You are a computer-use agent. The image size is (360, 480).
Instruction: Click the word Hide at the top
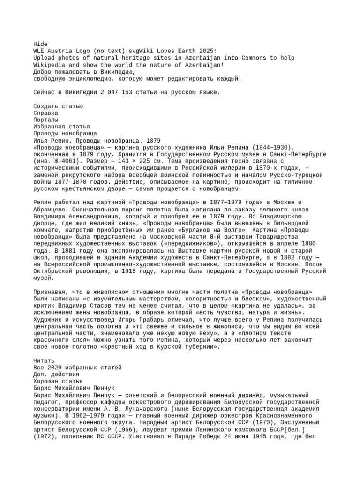tap(40, 44)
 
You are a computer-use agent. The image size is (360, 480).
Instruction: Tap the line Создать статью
tap(58, 106)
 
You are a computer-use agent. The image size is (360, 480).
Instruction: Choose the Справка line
tap(46, 113)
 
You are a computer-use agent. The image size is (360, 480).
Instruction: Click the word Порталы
tap(46, 120)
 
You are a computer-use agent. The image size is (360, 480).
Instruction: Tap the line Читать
tap(44, 361)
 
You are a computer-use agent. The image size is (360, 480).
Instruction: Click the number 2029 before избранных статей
tap(54, 367)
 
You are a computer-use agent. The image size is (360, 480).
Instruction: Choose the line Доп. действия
tap(56, 375)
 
